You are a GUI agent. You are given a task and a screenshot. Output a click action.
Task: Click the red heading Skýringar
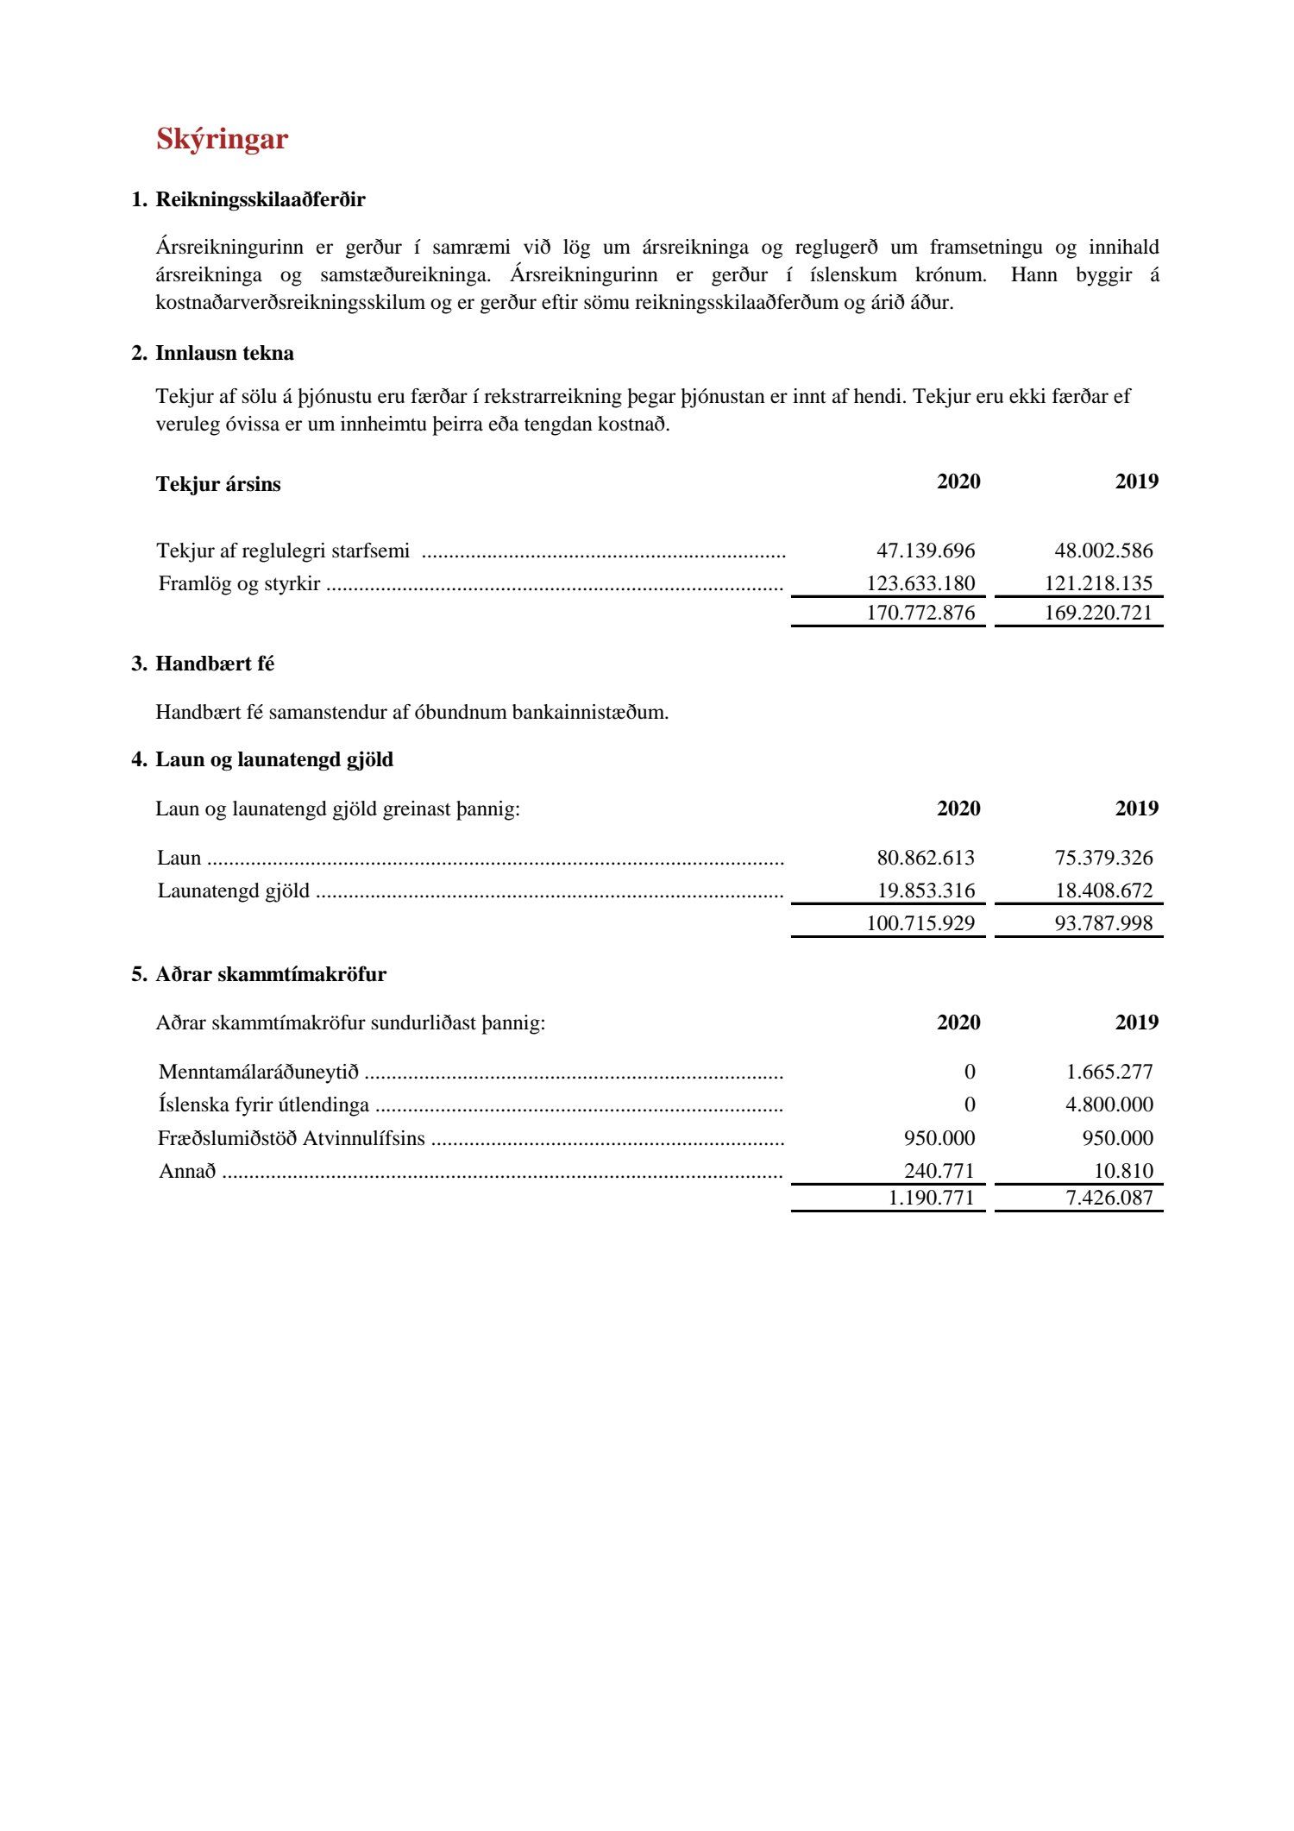tap(222, 140)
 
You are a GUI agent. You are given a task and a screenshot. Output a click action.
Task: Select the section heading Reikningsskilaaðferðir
tap(260, 200)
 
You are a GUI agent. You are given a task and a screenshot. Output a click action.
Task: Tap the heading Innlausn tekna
tap(224, 353)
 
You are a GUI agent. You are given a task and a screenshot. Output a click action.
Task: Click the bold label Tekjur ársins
tap(218, 484)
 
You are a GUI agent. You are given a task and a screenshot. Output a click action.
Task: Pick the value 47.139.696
tap(926, 551)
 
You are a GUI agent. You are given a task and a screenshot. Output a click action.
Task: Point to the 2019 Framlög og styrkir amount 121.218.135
tap(1098, 583)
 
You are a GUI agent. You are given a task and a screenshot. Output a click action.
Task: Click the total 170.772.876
tap(920, 613)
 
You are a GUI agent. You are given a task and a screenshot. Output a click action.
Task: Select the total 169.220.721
tap(1098, 613)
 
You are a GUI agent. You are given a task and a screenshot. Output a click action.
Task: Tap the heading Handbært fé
tap(215, 664)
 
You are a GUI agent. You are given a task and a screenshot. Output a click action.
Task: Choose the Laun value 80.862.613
tap(926, 858)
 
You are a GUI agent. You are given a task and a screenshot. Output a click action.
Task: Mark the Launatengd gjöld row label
tap(233, 890)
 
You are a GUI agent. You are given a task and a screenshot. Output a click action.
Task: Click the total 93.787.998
tap(1103, 923)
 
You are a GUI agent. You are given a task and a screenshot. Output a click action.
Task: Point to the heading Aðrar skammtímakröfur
tap(271, 974)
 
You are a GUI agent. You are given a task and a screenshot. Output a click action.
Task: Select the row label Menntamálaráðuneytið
tap(258, 1072)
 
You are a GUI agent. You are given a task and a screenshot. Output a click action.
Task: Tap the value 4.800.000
tap(1109, 1104)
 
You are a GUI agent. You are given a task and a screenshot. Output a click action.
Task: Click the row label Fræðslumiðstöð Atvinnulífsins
tap(291, 1138)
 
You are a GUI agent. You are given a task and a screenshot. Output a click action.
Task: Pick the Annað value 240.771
tap(939, 1171)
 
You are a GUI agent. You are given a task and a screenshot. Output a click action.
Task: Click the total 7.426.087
tap(1109, 1198)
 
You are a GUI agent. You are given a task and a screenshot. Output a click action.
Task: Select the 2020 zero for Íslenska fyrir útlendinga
tap(970, 1104)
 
